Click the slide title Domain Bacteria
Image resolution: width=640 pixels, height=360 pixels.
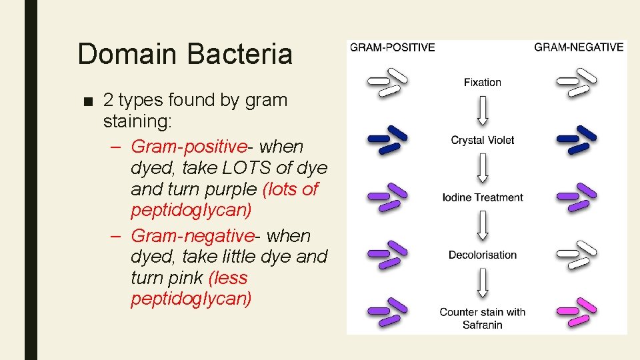pos(185,53)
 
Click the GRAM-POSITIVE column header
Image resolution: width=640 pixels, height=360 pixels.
pos(393,47)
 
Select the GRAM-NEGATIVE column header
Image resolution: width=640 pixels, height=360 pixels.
pos(579,47)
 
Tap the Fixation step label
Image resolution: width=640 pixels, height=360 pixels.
pos(482,83)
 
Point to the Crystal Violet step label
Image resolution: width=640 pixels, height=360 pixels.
pos(482,140)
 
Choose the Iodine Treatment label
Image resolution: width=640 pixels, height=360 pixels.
pos(482,197)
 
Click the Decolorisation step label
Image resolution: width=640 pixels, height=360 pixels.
pos(482,255)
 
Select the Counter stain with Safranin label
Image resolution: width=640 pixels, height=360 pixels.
pos(482,318)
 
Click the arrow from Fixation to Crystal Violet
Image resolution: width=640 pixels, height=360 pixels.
pos(483,111)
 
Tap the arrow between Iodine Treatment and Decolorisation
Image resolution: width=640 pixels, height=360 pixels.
pos(483,226)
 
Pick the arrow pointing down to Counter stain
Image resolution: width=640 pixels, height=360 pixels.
pos(483,283)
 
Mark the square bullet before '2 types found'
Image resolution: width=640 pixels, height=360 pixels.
pos(89,101)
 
